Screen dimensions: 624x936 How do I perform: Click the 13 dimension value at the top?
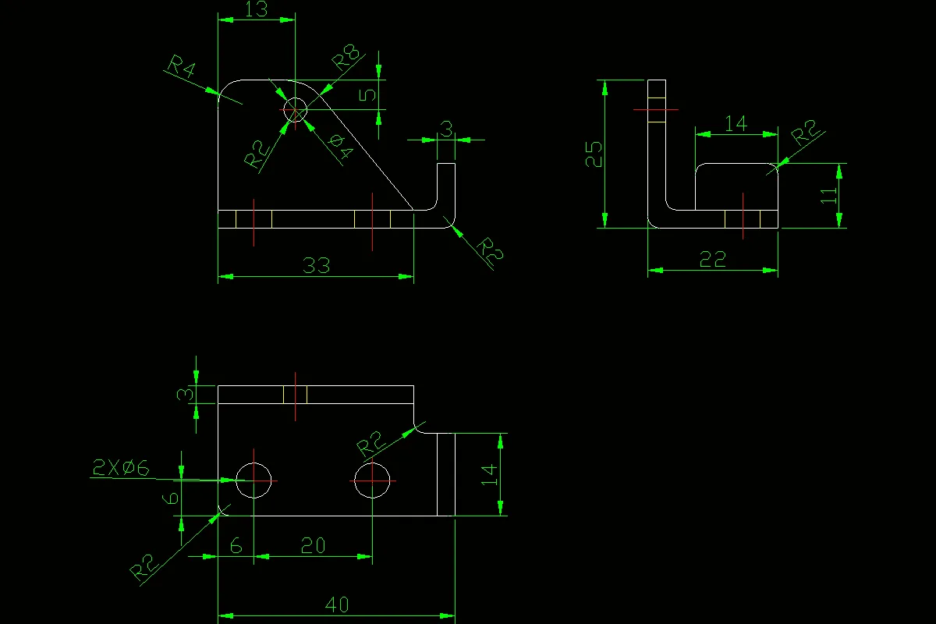pyautogui.click(x=256, y=9)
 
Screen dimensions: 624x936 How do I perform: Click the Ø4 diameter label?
pyautogui.click(x=340, y=146)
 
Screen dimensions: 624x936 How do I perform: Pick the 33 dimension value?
pyautogui.click(x=316, y=266)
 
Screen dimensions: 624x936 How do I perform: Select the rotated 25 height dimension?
pyautogui.click(x=594, y=154)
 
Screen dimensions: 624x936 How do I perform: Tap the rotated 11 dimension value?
pyautogui.click(x=828, y=195)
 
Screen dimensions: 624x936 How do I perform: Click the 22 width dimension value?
pyautogui.click(x=713, y=260)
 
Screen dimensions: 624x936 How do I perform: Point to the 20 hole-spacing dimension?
pyautogui.click(x=313, y=546)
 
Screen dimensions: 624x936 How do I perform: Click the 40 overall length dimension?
pyautogui.click(x=337, y=604)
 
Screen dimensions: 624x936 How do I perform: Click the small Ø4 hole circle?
pyautogui.click(x=296, y=110)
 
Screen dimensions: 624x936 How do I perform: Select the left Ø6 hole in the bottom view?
pyautogui.click(x=253, y=480)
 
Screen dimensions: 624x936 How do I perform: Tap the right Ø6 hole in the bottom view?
pyautogui.click(x=373, y=480)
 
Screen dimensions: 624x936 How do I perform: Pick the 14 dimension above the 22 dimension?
pyautogui.click(x=736, y=123)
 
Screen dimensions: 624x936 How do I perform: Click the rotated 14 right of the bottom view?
pyautogui.click(x=489, y=474)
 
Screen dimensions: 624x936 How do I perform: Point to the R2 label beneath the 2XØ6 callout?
pyautogui.click(x=146, y=569)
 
